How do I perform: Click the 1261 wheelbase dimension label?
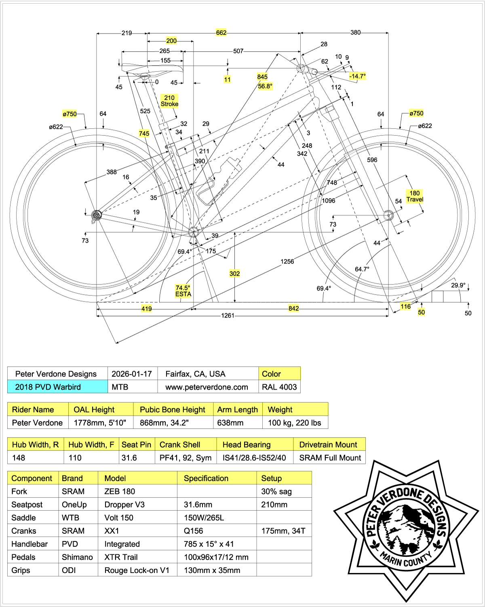click(228, 316)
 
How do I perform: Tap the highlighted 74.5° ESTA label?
click(183, 291)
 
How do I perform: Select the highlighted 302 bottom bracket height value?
click(235, 274)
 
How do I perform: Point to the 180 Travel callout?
click(415, 196)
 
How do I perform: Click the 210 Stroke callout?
click(169, 101)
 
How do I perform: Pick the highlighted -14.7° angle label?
click(357, 76)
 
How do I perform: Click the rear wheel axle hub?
click(96, 215)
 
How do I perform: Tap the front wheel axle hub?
click(388, 215)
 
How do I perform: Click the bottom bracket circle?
click(194, 232)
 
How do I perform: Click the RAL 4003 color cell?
click(279, 387)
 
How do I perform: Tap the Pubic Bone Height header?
click(173, 410)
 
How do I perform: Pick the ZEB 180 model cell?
click(120, 491)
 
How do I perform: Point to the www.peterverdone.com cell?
click(207, 387)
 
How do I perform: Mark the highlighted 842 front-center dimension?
click(294, 308)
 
